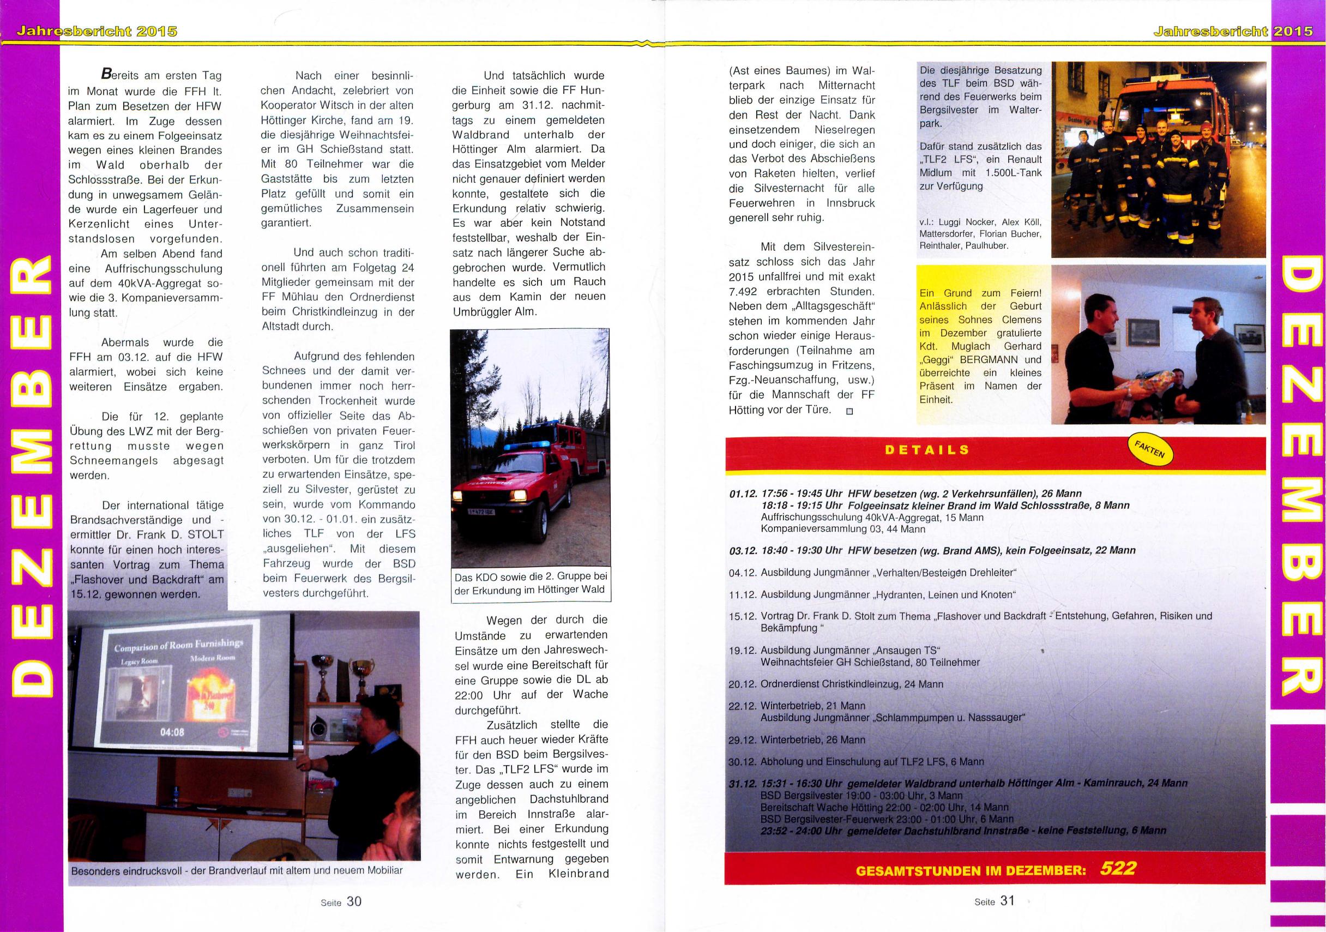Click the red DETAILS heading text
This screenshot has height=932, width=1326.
pyautogui.click(x=927, y=450)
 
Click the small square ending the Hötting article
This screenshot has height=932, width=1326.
pyautogui.click(x=849, y=411)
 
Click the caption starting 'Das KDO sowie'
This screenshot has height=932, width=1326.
pyautogui.click(x=530, y=584)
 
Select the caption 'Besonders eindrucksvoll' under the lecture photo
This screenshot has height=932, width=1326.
pyautogui.click(x=236, y=870)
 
